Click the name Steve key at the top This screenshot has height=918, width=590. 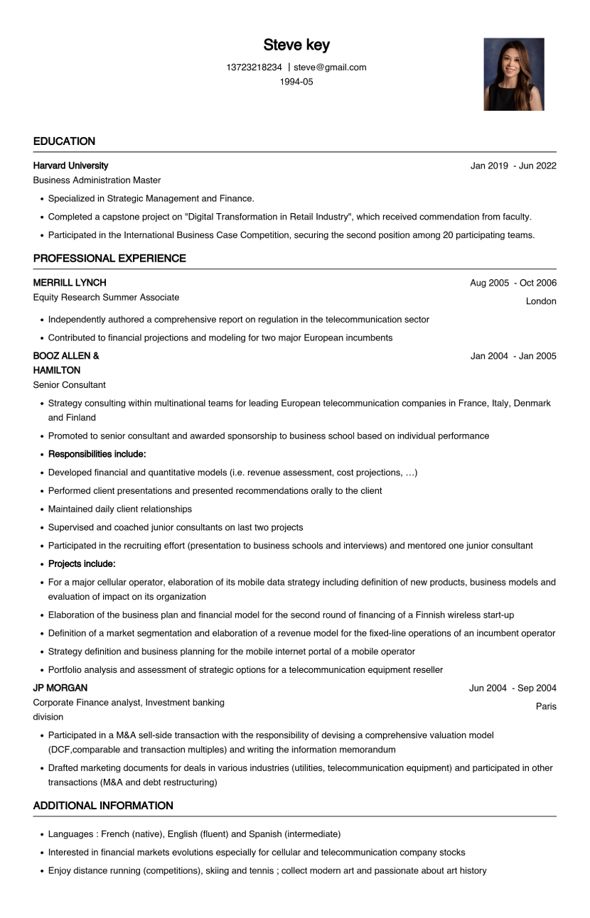click(x=296, y=45)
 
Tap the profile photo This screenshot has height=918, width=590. click(x=513, y=75)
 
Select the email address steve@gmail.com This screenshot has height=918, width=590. click(x=330, y=67)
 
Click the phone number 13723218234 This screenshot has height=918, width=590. click(x=254, y=67)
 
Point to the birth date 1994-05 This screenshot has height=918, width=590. click(x=296, y=82)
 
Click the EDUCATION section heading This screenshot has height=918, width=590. click(x=64, y=141)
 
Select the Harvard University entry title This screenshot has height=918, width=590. click(x=70, y=166)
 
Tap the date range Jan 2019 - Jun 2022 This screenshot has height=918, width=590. click(x=513, y=166)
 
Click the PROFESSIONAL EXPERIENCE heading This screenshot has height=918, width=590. click(x=109, y=259)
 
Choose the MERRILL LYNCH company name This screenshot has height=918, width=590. click(x=70, y=283)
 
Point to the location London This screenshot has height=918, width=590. click(x=541, y=301)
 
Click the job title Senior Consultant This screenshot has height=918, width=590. click(x=69, y=385)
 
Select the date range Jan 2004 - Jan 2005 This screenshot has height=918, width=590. click(x=513, y=356)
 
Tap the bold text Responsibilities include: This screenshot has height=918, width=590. click(x=97, y=454)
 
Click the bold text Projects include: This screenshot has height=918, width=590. click(x=82, y=564)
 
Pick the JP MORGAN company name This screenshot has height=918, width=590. click(x=60, y=688)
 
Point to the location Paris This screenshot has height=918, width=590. click(x=546, y=706)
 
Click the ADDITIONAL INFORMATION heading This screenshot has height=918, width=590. click(x=103, y=806)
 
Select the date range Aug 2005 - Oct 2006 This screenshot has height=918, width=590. click(x=513, y=283)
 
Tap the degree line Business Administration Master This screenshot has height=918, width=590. click(x=97, y=180)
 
